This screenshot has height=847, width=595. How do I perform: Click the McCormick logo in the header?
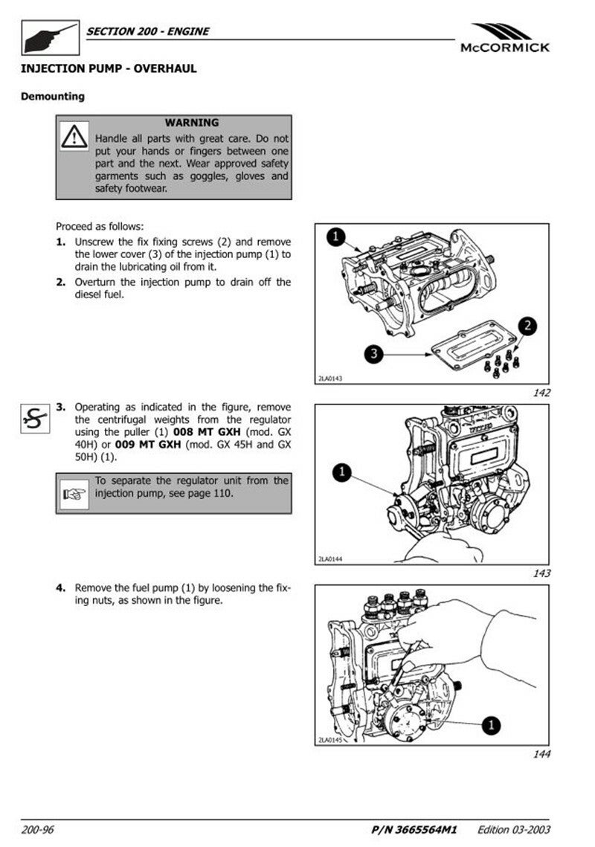click(x=505, y=38)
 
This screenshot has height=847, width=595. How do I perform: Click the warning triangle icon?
click(x=74, y=137)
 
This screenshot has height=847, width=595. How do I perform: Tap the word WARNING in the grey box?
click(x=192, y=123)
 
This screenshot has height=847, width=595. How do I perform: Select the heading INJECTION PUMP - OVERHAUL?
click(x=109, y=68)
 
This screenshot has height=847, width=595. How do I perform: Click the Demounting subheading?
click(x=53, y=96)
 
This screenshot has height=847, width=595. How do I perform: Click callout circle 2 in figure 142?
click(x=526, y=325)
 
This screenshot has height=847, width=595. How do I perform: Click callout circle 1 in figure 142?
click(x=335, y=237)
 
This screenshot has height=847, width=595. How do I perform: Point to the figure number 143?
click(x=541, y=573)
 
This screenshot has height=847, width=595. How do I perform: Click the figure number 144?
click(x=541, y=755)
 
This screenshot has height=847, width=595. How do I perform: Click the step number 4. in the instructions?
click(x=62, y=588)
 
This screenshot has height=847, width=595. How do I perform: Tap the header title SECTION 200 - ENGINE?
click(x=148, y=31)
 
